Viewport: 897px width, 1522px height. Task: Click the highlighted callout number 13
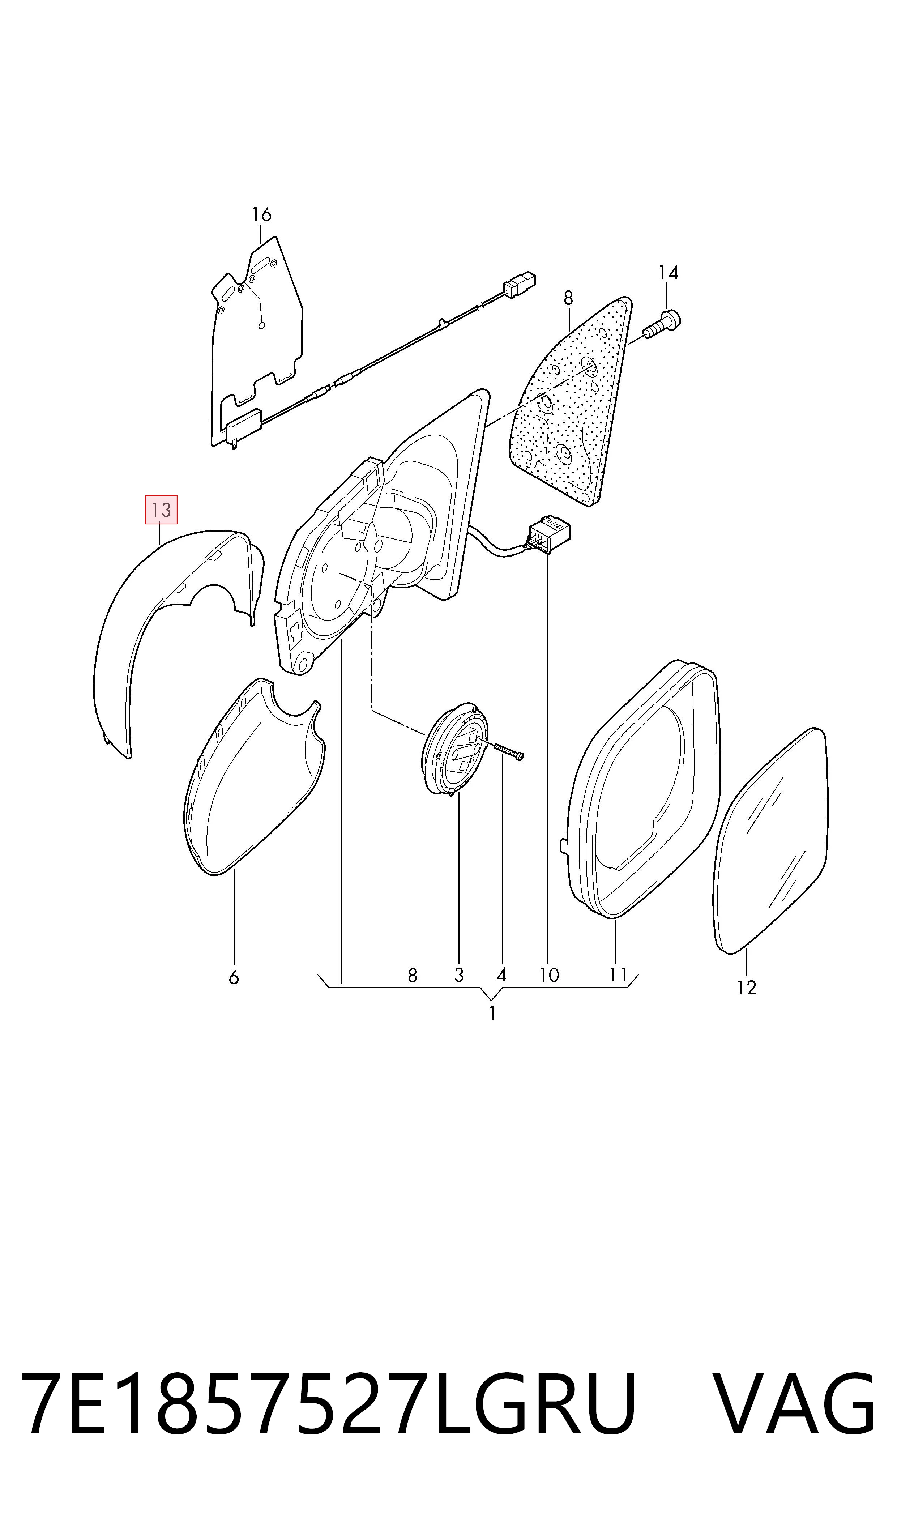tap(161, 510)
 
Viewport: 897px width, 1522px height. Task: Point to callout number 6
tap(234, 977)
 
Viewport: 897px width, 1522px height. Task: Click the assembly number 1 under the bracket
tap(493, 1014)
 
